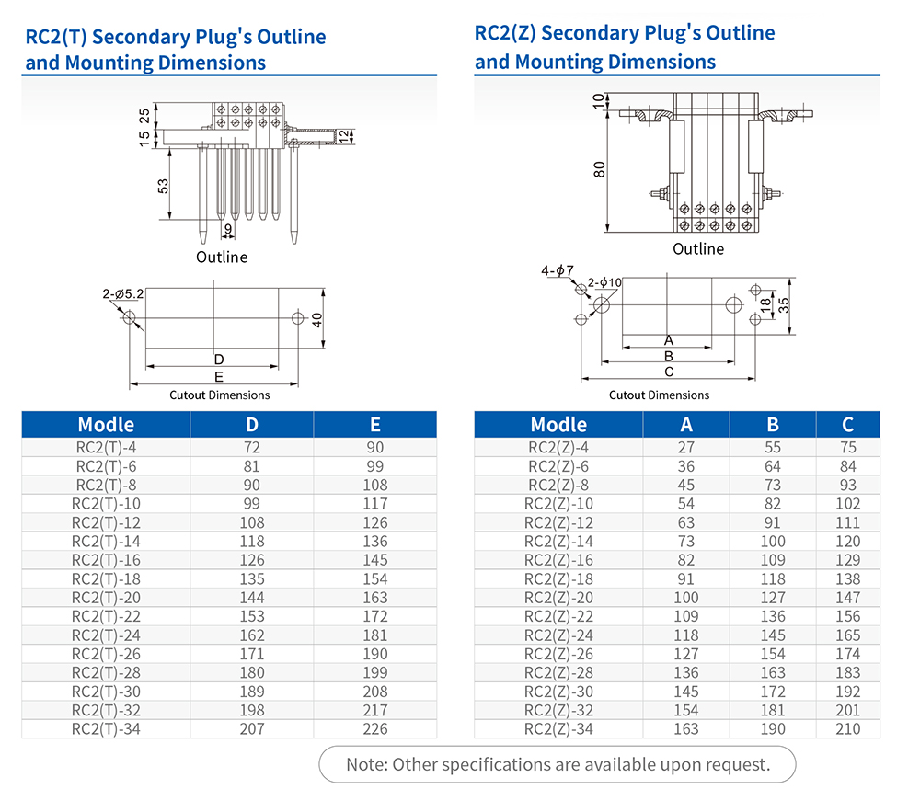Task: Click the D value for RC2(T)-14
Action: [251, 542]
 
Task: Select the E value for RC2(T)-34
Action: [375, 729]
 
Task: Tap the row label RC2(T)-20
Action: [106, 598]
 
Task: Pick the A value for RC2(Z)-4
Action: [686, 448]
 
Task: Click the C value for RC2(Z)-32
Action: [848, 710]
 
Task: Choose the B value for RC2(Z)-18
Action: [773, 579]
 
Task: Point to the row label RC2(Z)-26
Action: [558, 654]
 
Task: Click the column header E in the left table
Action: [375, 425]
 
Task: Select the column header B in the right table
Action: [773, 425]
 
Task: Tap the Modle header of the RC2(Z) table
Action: [558, 425]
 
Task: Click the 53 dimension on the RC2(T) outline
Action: [163, 186]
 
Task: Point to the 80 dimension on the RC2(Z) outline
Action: [600, 170]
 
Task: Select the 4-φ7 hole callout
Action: [558, 270]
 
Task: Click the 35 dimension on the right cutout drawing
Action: [784, 305]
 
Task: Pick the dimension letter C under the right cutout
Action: [669, 372]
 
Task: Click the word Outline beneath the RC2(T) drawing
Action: [222, 257]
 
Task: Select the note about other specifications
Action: [558, 764]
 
